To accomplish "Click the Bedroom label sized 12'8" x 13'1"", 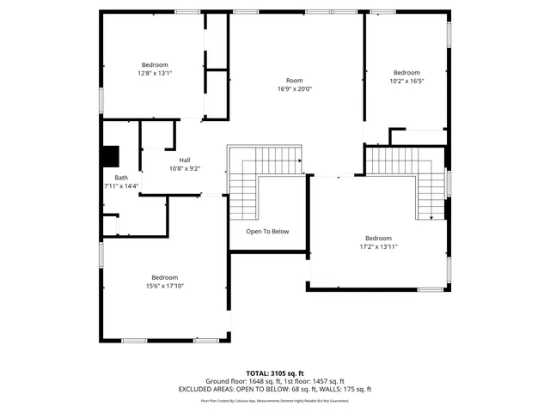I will [155, 65].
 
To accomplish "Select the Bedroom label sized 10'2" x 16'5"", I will [406, 73].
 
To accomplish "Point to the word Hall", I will [185, 161].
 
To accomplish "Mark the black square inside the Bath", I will [110, 157].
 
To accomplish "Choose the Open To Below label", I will [267, 232].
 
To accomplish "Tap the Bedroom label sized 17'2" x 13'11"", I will [378, 239].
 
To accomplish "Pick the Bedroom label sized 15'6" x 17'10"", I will [164, 277].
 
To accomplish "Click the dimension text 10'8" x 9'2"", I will [185, 169].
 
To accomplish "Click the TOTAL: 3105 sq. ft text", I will [275, 373].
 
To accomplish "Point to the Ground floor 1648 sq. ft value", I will [236, 381].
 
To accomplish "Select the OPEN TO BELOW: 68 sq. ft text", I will [273, 389].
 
